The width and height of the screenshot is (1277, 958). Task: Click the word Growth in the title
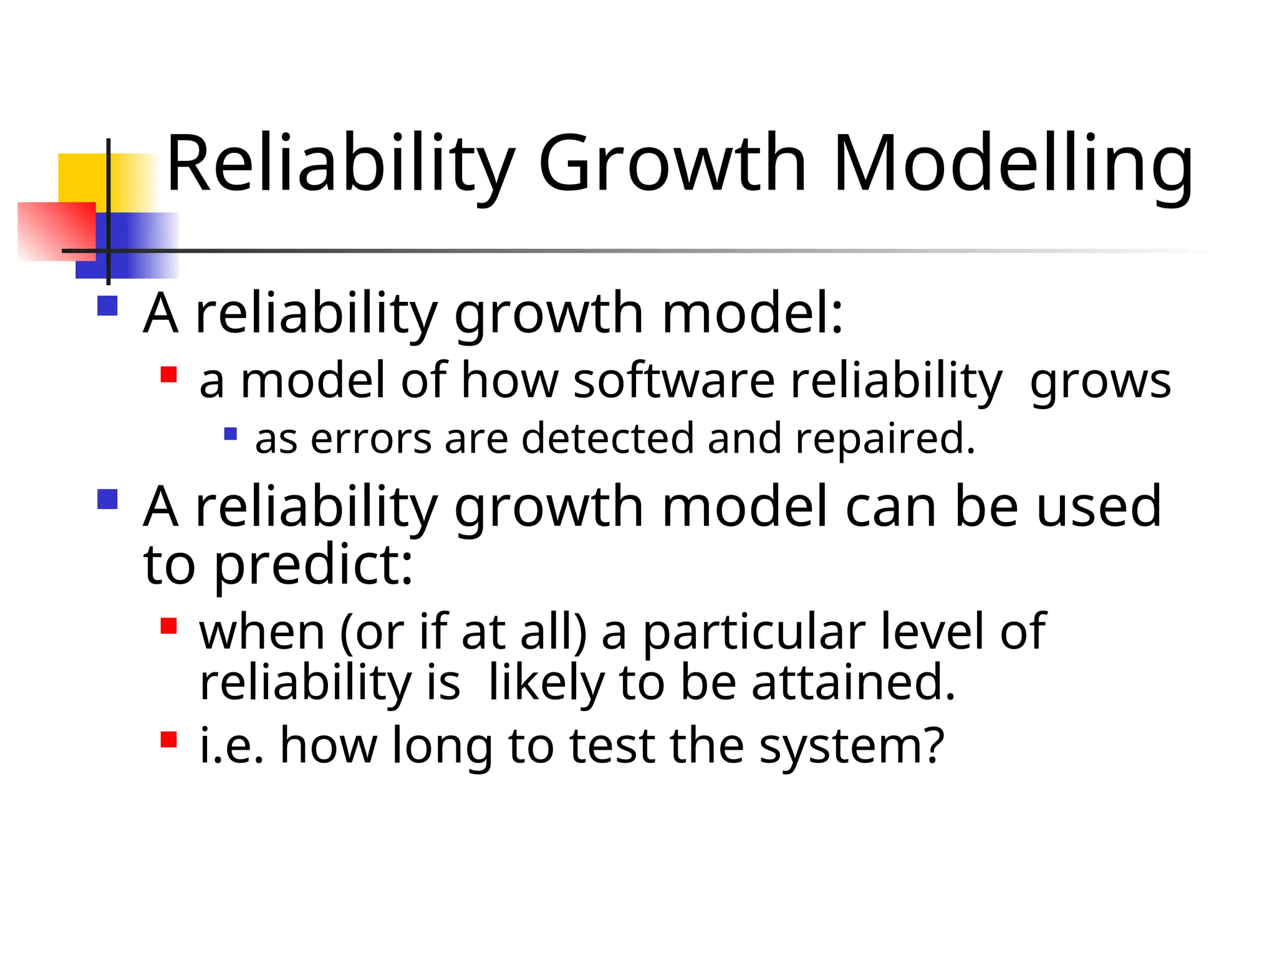(x=672, y=163)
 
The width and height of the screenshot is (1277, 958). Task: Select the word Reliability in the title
(x=340, y=163)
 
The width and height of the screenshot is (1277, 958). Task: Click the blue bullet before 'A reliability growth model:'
(x=108, y=306)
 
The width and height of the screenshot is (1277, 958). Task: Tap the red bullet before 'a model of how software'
(x=169, y=374)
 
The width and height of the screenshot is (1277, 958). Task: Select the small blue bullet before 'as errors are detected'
(x=231, y=433)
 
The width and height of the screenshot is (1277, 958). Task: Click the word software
(x=673, y=380)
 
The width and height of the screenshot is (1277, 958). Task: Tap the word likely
(x=546, y=683)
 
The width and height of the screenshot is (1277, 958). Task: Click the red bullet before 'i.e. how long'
(x=169, y=739)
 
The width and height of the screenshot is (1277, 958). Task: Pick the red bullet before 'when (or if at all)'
(x=169, y=626)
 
